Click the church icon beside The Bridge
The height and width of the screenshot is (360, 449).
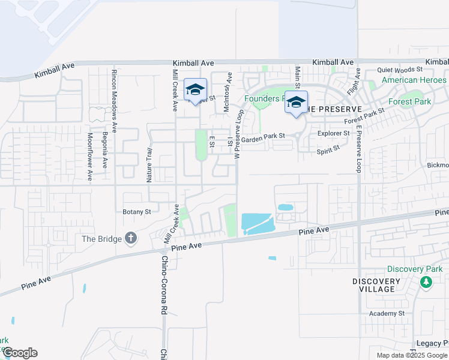(x=131, y=238)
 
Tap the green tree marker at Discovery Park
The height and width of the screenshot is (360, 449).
(x=426, y=282)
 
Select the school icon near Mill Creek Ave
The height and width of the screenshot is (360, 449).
(x=195, y=90)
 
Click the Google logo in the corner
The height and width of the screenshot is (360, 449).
(x=20, y=353)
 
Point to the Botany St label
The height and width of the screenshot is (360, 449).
(x=137, y=212)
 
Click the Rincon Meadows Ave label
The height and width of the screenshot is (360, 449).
(x=114, y=90)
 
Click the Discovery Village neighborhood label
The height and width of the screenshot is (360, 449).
(x=376, y=285)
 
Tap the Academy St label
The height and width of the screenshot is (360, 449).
(x=387, y=313)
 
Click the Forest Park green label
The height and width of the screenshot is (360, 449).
(x=409, y=101)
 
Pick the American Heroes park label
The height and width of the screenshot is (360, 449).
(x=414, y=80)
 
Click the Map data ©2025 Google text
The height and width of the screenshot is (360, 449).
(x=411, y=355)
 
